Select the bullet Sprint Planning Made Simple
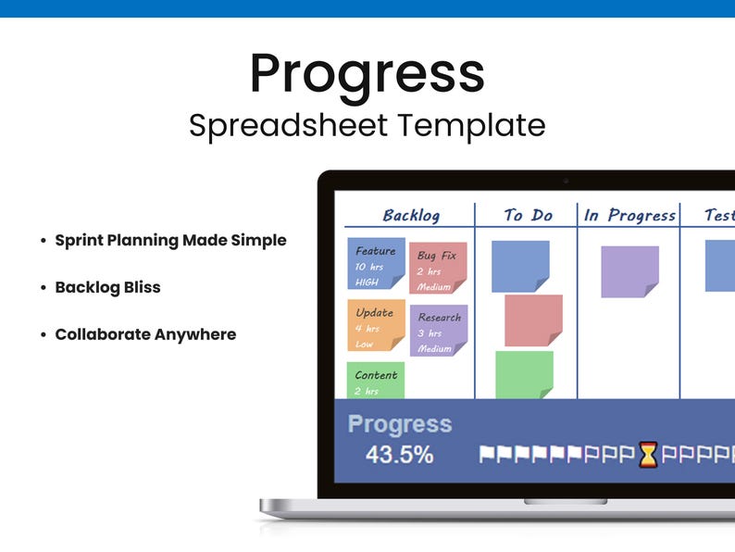[x=170, y=240]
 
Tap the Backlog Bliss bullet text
[x=107, y=287]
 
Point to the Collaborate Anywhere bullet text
[x=145, y=334]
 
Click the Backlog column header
[x=411, y=216]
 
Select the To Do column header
[x=528, y=216]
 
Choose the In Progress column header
[x=629, y=216]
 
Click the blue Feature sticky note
[x=376, y=264]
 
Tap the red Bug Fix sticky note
[x=438, y=268]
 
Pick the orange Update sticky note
[x=376, y=325]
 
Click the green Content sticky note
[x=376, y=380]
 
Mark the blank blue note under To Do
[x=520, y=266]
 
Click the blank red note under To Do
[x=533, y=320]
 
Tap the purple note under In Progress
[x=629, y=271]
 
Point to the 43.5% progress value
[x=399, y=455]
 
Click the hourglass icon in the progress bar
[x=648, y=455]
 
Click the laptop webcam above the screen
[x=566, y=180]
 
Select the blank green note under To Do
[x=524, y=374]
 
